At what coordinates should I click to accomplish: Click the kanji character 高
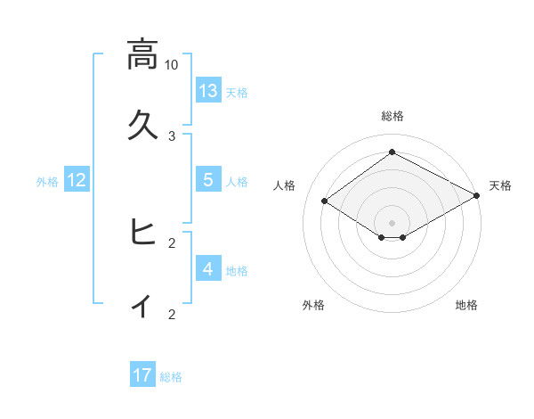tap(142, 54)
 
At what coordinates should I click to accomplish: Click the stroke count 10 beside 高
tap(172, 65)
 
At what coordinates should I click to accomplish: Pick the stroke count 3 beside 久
tap(172, 136)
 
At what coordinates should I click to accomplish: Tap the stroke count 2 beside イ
tap(172, 314)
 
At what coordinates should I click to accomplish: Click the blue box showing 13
tap(208, 91)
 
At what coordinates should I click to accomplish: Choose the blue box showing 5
tap(208, 180)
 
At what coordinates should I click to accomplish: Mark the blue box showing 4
tap(208, 269)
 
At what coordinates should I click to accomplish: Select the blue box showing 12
tap(77, 180)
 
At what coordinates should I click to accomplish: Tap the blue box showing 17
tap(142, 375)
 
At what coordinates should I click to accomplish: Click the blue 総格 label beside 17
tap(172, 377)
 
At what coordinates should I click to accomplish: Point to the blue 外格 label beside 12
tap(47, 182)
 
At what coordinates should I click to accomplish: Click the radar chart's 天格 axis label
tap(501, 185)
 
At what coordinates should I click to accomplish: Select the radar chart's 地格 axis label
tap(466, 305)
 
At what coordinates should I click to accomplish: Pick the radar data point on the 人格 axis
tap(325, 201)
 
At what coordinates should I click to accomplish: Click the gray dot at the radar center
tap(392, 222)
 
